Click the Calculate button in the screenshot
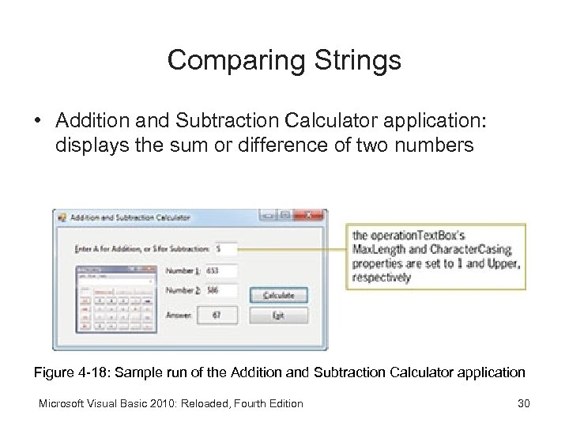tap(278, 296)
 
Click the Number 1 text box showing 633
tap(220, 270)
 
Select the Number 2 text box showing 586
tap(220, 290)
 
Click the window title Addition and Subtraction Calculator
tap(130, 217)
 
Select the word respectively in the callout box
tap(382, 278)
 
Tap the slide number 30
tap(522, 403)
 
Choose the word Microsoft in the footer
tap(62, 403)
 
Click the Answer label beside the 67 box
tap(179, 316)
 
